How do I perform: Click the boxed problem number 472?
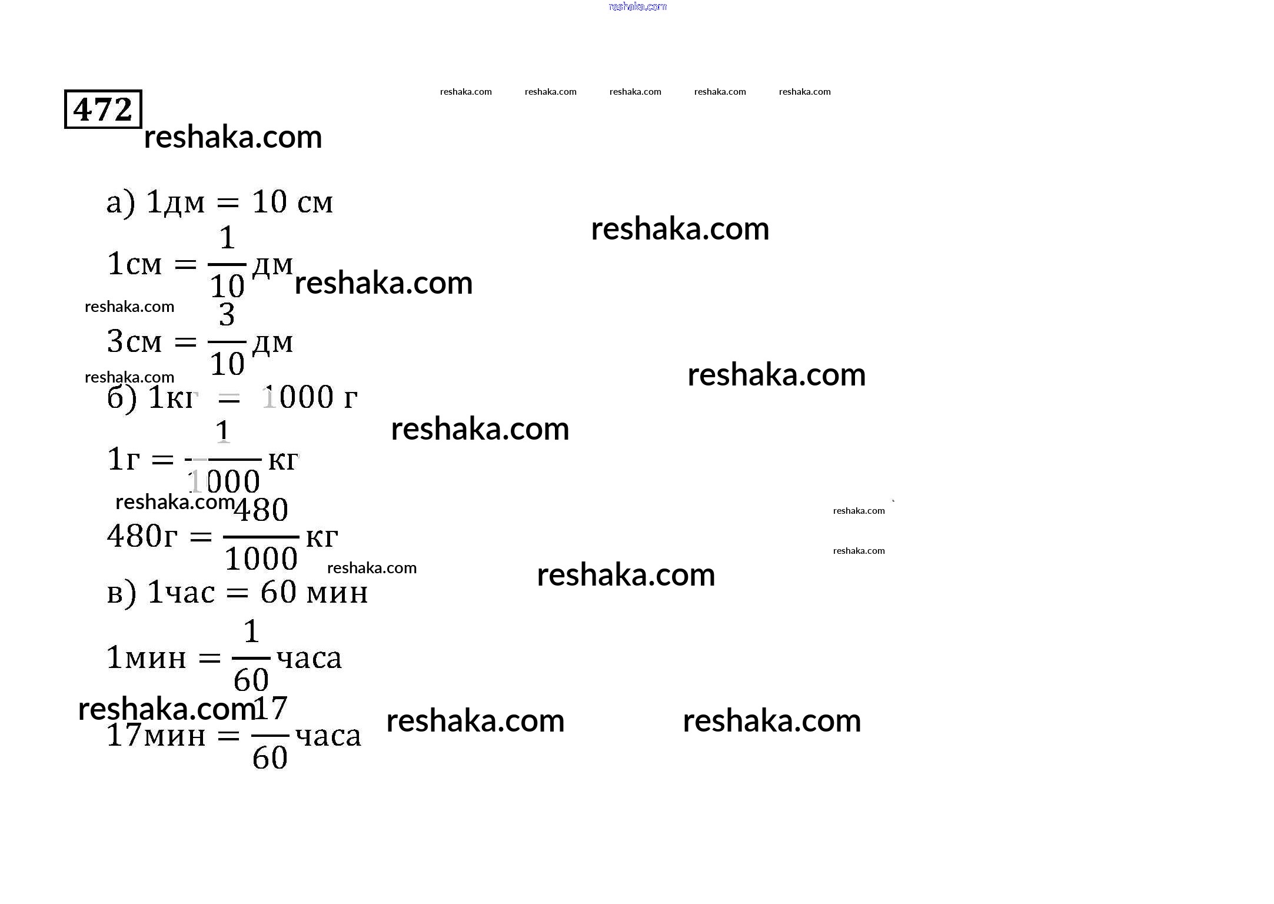point(103,109)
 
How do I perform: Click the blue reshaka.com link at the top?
point(637,6)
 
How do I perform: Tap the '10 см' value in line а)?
point(292,202)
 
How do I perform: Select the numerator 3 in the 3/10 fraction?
point(227,315)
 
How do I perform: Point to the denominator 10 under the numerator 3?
point(227,364)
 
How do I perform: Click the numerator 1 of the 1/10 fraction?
point(227,238)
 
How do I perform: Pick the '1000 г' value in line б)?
point(310,397)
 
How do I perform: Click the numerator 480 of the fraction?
point(261,510)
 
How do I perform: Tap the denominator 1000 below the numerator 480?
point(261,558)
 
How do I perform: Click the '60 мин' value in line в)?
point(314,592)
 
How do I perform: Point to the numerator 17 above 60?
point(270,708)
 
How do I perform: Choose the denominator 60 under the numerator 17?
point(270,757)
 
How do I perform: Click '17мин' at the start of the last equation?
point(157,736)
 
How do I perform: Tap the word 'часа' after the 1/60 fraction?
point(310,659)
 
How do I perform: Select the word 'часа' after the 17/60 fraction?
point(328,736)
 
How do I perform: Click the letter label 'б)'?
point(122,398)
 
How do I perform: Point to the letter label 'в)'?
point(122,593)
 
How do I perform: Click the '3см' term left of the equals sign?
point(134,341)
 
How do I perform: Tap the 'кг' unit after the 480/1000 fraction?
point(322,537)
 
